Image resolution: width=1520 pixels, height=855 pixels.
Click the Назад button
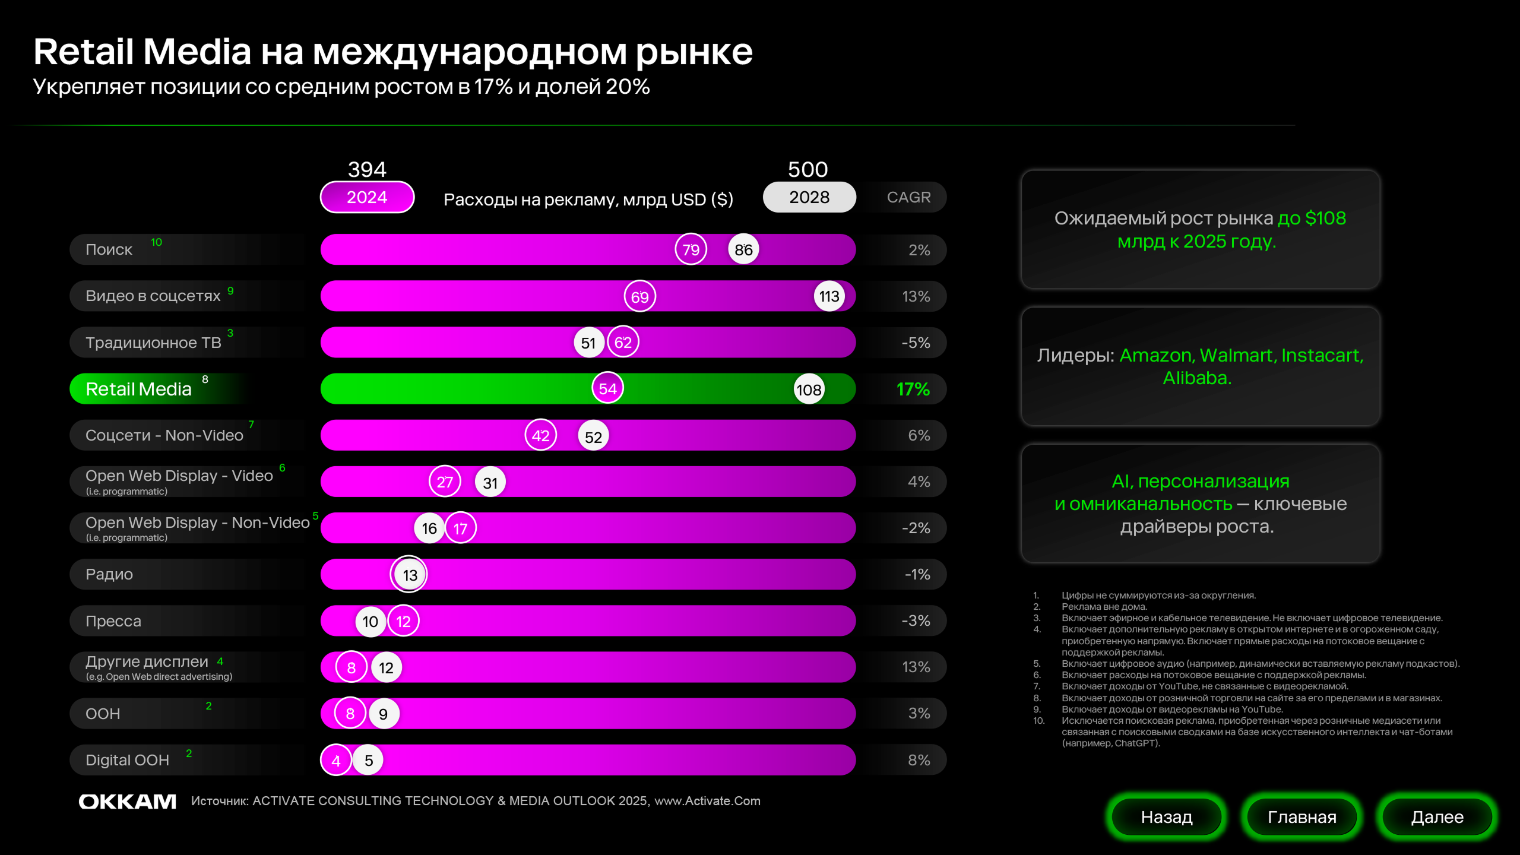pyautogui.click(x=1166, y=817)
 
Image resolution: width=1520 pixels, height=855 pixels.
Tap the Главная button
pyautogui.click(x=1301, y=817)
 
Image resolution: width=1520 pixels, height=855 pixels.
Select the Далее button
pyautogui.click(x=1437, y=817)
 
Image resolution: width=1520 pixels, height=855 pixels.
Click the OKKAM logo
pyautogui.click(x=128, y=802)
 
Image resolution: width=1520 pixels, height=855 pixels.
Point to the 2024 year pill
pyautogui.click(x=367, y=197)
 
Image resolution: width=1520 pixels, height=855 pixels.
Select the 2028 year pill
pyautogui.click(x=809, y=197)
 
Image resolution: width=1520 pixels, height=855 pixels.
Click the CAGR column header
pyautogui.click(x=908, y=197)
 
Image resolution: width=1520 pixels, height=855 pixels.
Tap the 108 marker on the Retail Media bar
pyautogui.click(x=809, y=389)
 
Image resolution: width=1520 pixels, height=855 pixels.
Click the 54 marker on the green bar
pyautogui.click(x=607, y=389)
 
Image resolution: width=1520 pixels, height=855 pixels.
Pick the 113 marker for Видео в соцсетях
pyautogui.click(x=829, y=296)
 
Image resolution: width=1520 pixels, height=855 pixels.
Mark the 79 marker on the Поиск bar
pyautogui.click(x=691, y=249)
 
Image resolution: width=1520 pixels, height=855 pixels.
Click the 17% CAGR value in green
pyautogui.click(x=913, y=389)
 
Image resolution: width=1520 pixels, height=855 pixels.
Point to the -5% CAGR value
pyautogui.click(x=916, y=343)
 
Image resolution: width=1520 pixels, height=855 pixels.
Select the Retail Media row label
pyautogui.click(x=139, y=389)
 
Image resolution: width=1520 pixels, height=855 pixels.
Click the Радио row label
pyautogui.click(x=109, y=574)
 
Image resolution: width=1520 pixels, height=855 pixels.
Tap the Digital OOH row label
pyautogui.click(x=127, y=760)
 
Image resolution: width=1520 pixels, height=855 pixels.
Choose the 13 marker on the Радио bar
pyautogui.click(x=409, y=575)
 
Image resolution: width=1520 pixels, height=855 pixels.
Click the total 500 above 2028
pyautogui.click(x=807, y=170)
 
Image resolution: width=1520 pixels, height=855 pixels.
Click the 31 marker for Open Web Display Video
pyautogui.click(x=490, y=483)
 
